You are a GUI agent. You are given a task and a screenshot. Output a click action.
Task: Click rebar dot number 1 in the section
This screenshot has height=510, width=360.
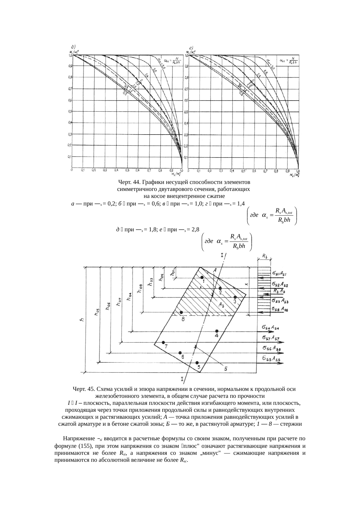(x=202, y=278)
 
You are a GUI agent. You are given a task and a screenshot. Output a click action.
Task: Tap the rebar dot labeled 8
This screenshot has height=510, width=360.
(x=181, y=312)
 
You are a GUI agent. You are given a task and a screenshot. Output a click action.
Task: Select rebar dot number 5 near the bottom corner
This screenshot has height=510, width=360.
(x=197, y=363)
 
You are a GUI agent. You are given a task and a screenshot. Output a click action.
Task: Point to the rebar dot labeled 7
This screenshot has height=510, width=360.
(x=163, y=342)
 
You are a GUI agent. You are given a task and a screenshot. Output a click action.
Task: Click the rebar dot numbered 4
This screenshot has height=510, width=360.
(x=217, y=331)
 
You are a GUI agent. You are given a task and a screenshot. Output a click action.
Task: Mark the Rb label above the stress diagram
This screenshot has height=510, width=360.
(x=265, y=256)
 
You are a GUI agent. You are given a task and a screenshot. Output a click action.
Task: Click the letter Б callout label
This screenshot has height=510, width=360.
(x=225, y=368)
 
